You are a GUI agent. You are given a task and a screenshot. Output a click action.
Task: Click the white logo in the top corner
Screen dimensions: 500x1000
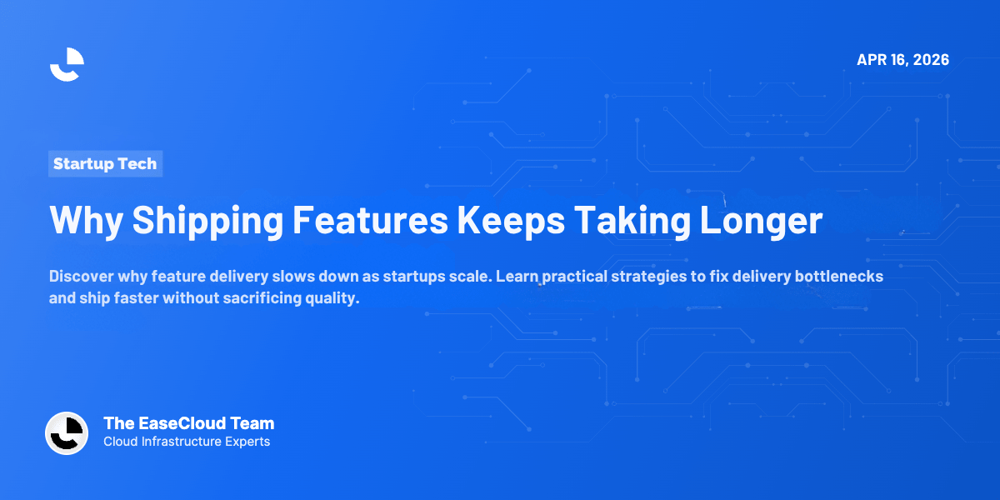pyautogui.click(x=67, y=64)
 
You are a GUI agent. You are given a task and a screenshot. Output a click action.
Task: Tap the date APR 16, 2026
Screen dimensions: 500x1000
pyautogui.click(x=902, y=60)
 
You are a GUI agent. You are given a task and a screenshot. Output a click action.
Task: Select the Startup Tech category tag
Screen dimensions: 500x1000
pyautogui.click(x=105, y=164)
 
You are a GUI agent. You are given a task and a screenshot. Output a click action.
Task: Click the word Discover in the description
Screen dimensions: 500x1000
pyautogui.click(x=80, y=276)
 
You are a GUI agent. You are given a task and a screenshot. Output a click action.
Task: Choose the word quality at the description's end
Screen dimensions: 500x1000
pyautogui.click(x=332, y=298)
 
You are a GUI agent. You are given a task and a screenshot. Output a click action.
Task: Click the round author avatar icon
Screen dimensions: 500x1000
pyautogui.click(x=67, y=433)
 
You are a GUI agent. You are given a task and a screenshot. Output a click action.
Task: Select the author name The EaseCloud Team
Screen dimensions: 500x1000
pyautogui.click(x=188, y=423)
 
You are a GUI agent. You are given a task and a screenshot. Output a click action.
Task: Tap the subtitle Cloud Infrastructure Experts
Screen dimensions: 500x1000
pyautogui.click(x=187, y=442)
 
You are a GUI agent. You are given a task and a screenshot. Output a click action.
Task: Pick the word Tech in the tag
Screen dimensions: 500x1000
pyautogui.click(x=137, y=164)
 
